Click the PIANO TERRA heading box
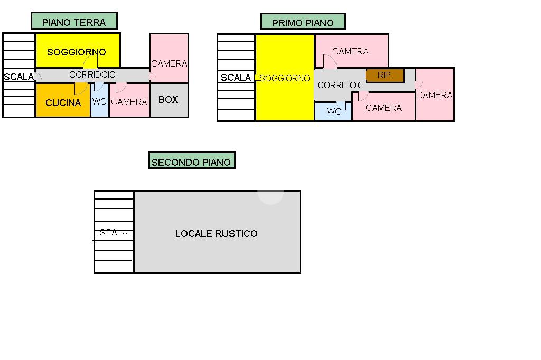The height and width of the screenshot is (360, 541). (x=74, y=21)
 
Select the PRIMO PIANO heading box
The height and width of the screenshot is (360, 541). (x=303, y=22)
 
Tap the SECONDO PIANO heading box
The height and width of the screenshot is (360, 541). (x=191, y=161)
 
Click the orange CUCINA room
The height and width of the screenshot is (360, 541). (x=63, y=102)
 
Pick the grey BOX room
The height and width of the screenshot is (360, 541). (x=169, y=99)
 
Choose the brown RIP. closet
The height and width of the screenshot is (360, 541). (x=385, y=75)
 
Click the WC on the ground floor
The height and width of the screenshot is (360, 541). (x=99, y=101)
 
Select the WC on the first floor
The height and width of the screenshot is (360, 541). (x=333, y=112)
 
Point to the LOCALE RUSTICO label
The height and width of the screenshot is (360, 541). (x=217, y=233)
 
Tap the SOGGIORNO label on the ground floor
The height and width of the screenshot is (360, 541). (x=77, y=52)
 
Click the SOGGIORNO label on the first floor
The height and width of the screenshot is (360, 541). (x=285, y=78)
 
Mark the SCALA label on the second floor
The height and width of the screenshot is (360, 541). (x=114, y=232)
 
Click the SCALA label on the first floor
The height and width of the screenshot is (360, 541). (x=236, y=78)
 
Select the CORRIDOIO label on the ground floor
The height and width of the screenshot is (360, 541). (x=92, y=75)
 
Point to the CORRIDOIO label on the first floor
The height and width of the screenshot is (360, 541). (x=341, y=85)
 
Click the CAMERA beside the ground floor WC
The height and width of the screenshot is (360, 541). (x=129, y=102)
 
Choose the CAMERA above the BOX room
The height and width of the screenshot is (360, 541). (x=169, y=63)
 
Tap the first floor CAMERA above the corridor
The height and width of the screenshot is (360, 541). (x=351, y=51)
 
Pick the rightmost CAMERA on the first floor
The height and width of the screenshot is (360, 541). (x=434, y=95)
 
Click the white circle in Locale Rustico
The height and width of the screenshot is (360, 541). (x=270, y=194)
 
